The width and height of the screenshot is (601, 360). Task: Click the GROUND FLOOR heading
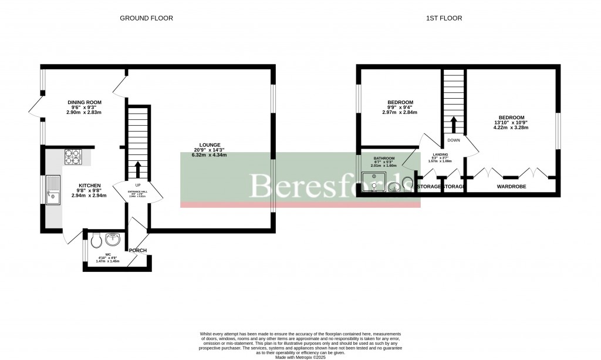pos(146,18)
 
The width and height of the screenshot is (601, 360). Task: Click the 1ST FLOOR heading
pos(444,18)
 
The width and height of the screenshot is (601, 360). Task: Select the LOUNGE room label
pos(209,145)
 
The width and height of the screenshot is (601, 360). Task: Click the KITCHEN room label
pos(90,185)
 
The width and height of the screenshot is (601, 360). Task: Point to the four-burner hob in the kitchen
pos(73,156)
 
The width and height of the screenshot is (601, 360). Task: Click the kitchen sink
pos(52,189)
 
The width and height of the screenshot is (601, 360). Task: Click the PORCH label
pos(138,251)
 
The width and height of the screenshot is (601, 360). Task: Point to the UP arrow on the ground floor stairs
pos(138,169)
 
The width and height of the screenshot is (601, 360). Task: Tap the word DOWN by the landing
pos(453,140)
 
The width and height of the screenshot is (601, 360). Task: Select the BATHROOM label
pos(384,159)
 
